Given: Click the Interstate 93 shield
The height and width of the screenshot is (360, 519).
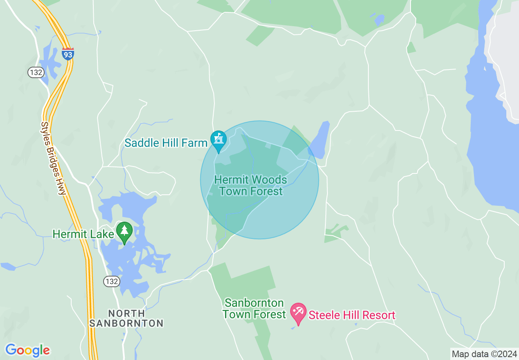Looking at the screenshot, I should pyautogui.click(x=68, y=54).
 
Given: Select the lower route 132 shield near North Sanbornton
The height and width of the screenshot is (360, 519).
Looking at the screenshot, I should pyautogui.click(x=111, y=281).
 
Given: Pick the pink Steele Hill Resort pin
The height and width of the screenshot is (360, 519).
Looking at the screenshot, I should pyautogui.click(x=298, y=313).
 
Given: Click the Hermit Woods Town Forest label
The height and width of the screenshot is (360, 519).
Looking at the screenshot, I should pyautogui.click(x=250, y=185).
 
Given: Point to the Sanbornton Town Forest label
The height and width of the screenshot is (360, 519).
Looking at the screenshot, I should pyautogui.click(x=254, y=309).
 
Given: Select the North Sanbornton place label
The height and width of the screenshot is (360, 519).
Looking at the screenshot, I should pyautogui.click(x=126, y=318).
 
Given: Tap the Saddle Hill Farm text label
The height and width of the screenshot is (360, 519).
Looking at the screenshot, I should pyautogui.click(x=166, y=143).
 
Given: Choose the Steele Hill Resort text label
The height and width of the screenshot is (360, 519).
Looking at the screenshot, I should pyautogui.click(x=352, y=315).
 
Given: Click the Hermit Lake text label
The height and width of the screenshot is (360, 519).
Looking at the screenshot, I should pyautogui.click(x=83, y=234).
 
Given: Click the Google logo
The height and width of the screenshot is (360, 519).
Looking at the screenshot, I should pyautogui.click(x=27, y=350).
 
